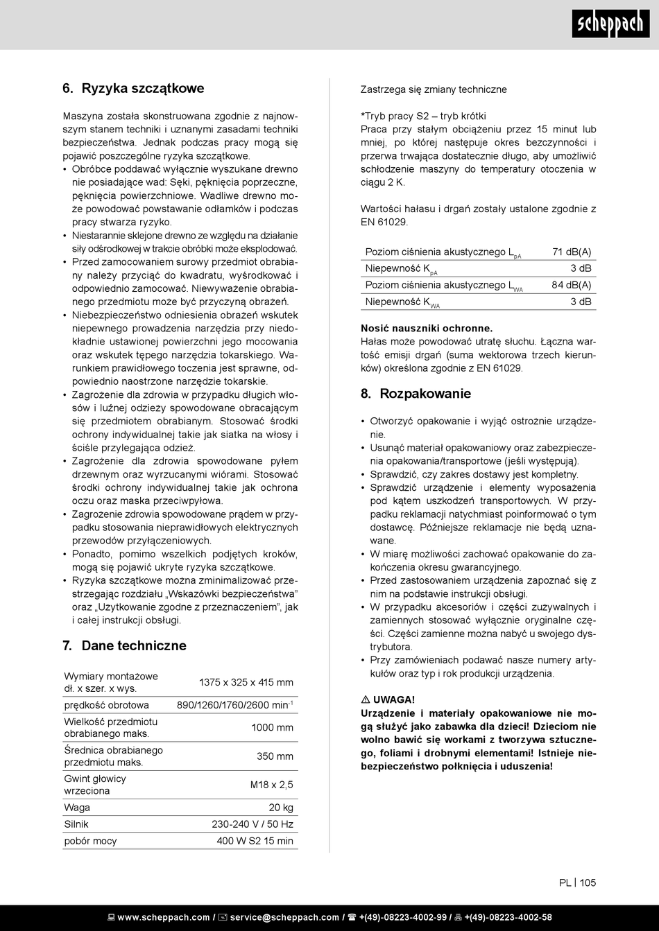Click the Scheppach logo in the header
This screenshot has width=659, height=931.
610,24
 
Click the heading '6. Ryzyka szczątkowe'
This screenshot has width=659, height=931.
133,88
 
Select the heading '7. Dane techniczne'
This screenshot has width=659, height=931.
124,645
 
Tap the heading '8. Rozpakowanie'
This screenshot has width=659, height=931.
416,394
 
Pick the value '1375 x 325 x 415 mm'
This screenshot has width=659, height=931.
246,682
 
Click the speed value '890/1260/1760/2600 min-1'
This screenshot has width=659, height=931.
234,705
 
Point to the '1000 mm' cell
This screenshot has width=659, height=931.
272,727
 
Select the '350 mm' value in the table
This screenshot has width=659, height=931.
275,756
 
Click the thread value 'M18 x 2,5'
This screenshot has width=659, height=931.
271,785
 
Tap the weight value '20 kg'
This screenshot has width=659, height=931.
281,808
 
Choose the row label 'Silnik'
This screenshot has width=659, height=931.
76,824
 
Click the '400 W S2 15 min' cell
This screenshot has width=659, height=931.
255,841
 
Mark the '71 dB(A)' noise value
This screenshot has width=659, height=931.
572,252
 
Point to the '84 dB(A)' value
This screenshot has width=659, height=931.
572,285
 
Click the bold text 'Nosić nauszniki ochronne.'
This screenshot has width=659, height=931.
427,329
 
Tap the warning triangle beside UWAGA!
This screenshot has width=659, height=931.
366,699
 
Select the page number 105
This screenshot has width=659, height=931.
588,882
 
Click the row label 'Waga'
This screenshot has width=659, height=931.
77,808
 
